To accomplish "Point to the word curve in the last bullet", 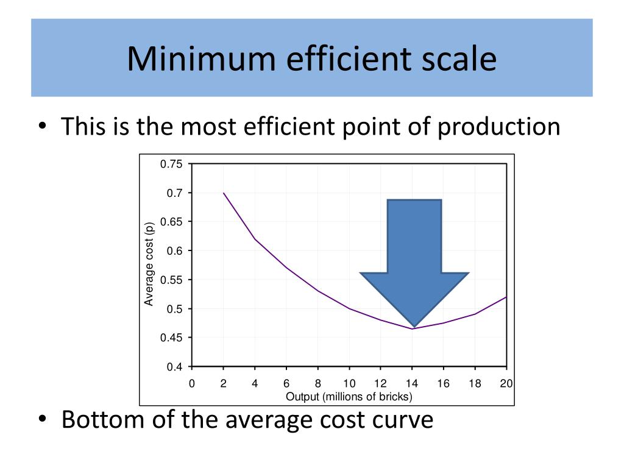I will [x=400, y=420].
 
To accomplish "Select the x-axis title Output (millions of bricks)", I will [x=349, y=397].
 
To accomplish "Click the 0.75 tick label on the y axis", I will [x=171, y=164].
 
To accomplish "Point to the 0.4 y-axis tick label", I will [x=175, y=367].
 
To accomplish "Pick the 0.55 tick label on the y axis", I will [x=171, y=280].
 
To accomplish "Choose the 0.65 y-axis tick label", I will [x=171, y=222].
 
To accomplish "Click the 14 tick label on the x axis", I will [x=412, y=384].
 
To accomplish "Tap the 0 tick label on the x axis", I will [x=191, y=384].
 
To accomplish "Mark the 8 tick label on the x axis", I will [x=317, y=384].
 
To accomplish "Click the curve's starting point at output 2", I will [x=223, y=193].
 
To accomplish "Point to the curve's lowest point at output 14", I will [x=413, y=329].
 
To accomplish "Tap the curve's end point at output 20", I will [x=506, y=297].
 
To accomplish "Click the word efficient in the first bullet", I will [x=284, y=127].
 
